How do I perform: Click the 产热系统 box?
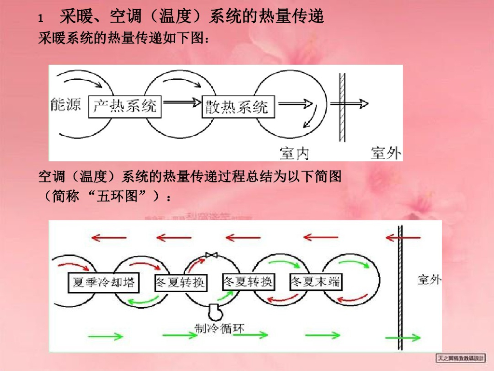click(x=125, y=106)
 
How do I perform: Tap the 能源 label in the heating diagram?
click(x=66, y=104)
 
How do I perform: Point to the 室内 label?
click(x=294, y=153)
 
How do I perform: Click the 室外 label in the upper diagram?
click(x=385, y=153)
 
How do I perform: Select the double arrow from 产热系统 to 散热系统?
click(x=182, y=102)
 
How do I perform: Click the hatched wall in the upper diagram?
click(x=342, y=107)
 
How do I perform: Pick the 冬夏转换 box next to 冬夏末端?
click(x=248, y=282)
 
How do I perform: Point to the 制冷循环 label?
click(x=219, y=328)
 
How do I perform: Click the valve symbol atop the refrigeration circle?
click(x=211, y=255)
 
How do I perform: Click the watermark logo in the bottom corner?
click(x=461, y=358)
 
